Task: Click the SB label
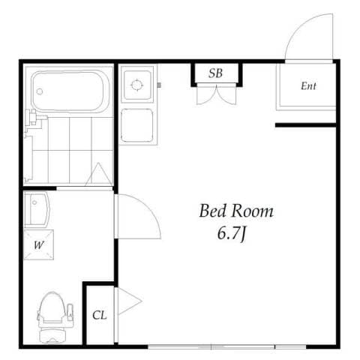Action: click(215, 73)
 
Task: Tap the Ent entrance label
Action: click(308, 86)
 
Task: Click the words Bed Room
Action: click(236, 211)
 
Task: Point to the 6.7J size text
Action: click(232, 233)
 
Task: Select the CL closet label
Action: click(100, 315)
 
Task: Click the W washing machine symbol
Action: click(39, 244)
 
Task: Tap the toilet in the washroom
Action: click(55, 317)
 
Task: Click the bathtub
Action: click(70, 91)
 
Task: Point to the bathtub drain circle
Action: click(40, 91)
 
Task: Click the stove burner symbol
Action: click(137, 85)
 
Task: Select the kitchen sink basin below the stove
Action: click(137, 125)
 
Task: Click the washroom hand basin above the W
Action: click(37, 209)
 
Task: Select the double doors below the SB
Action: click(217, 94)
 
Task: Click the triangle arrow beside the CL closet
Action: click(130, 301)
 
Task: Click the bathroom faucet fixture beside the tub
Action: click(35, 118)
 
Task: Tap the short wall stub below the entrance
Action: click(305, 125)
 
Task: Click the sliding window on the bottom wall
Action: click(227, 346)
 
